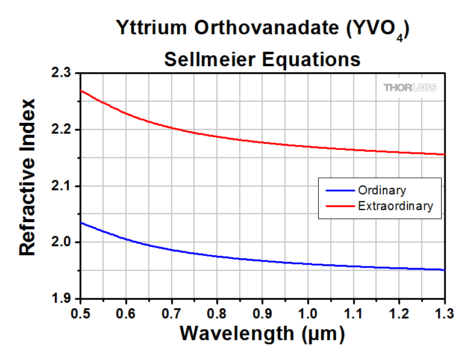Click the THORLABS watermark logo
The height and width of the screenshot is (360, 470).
(x=410, y=88)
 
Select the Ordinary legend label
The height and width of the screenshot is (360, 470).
(x=381, y=191)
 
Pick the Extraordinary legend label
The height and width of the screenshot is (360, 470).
(x=395, y=206)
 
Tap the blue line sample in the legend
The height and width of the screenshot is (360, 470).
(x=340, y=191)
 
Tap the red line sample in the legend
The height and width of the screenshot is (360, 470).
(x=340, y=206)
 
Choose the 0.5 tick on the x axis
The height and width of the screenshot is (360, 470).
(x=80, y=313)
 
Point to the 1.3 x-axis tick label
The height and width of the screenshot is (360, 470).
(x=444, y=313)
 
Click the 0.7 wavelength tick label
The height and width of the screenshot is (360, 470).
(x=171, y=313)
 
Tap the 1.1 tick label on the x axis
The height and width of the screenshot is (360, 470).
(x=353, y=313)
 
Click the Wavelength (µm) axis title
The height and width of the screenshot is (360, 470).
(x=262, y=333)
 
